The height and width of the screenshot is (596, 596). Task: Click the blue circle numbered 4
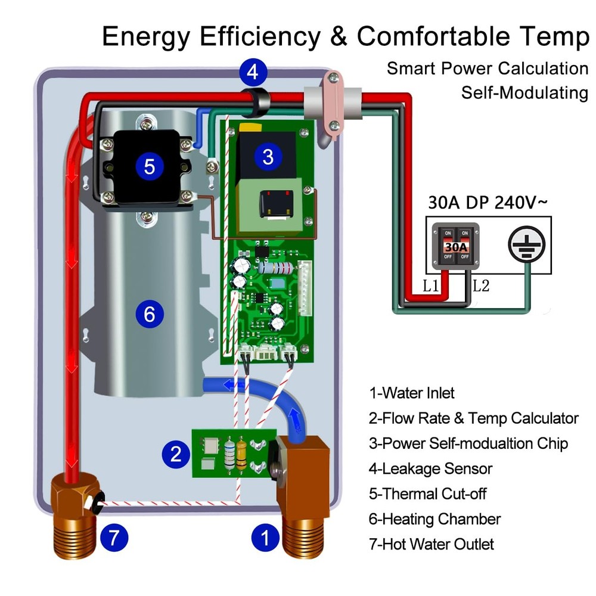pos(253,73)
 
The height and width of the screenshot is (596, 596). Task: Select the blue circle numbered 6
pos(149,313)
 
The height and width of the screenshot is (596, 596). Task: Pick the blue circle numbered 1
pos(265,539)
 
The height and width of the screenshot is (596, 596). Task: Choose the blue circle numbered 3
pos(268,157)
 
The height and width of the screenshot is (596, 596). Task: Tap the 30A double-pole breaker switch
pos(454,246)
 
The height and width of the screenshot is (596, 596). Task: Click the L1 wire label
pos(432,286)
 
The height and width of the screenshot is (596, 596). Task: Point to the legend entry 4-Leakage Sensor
pos(430,468)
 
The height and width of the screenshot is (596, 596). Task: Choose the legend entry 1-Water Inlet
pos(412,393)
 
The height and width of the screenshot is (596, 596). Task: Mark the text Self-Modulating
pos(524,93)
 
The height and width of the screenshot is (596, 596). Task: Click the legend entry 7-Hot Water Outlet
pos(432,544)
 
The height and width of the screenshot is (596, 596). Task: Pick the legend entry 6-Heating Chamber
pos(434,519)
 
